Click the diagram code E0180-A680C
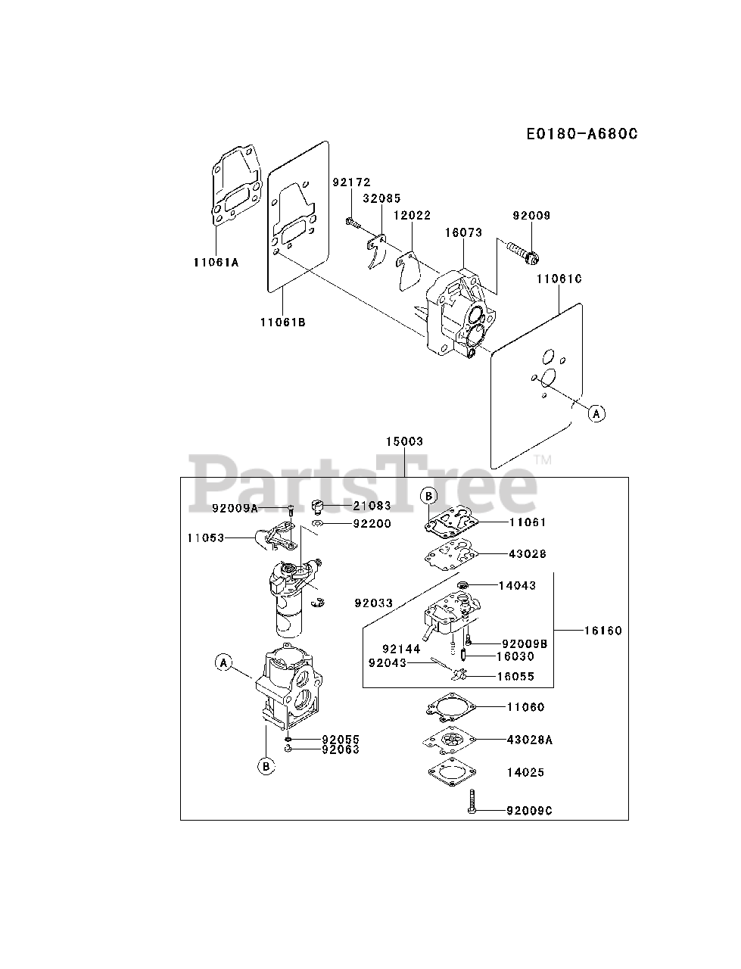[583, 134]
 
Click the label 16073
[463, 233]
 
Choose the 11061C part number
[559, 279]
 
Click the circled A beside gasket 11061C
[597, 413]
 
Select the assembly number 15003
[404, 441]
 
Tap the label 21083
[372, 505]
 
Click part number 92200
[372, 523]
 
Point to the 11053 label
[207, 537]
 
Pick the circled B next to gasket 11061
[428, 496]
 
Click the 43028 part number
[528, 553]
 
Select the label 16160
[602, 630]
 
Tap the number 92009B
[524, 643]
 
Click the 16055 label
[515, 676]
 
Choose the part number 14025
[526, 773]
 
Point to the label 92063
[341, 749]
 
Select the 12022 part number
[412, 216]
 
